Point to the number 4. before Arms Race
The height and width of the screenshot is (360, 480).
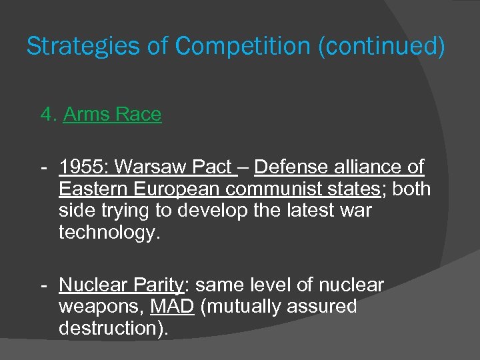point(48,115)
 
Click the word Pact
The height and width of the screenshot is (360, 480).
point(212,167)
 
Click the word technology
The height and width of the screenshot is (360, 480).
point(110,233)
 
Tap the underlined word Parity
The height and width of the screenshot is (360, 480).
point(157,285)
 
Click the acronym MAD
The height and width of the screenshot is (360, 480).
point(172,307)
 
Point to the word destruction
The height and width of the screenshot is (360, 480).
point(109,329)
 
